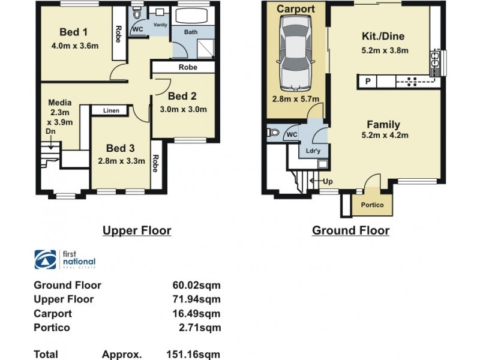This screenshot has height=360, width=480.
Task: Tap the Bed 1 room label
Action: [x=74, y=32]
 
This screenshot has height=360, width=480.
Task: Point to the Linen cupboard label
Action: [x=111, y=110]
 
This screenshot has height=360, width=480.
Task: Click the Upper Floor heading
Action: [x=137, y=230]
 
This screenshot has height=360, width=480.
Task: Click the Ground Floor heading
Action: [x=350, y=230]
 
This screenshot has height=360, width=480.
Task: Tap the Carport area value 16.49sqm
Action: [x=196, y=314]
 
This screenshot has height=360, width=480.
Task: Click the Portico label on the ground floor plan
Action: [x=372, y=206]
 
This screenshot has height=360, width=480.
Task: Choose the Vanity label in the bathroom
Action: [x=160, y=25]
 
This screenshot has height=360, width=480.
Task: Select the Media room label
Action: [x=59, y=102]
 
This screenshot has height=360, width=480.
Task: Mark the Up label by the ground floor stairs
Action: [x=328, y=181]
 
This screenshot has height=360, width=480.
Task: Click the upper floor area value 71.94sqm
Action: [x=196, y=299]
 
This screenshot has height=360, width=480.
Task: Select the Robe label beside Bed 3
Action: [x=156, y=164]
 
